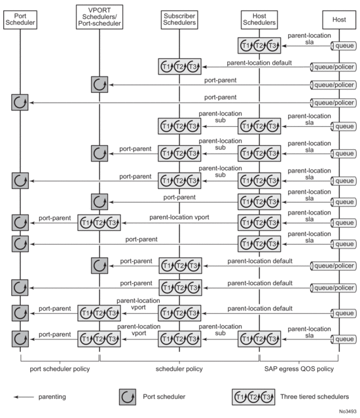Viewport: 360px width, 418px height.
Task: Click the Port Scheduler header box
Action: (x=20, y=20)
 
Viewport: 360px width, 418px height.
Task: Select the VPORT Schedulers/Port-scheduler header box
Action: (x=99, y=17)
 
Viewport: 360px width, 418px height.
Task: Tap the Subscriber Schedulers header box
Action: (x=179, y=20)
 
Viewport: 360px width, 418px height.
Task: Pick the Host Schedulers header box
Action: (x=259, y=20)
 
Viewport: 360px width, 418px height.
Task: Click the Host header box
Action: (x=339, y=20)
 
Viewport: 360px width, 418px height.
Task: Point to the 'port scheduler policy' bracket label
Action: (x=60, y=369)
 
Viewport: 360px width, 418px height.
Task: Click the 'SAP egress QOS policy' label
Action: (x=299, y=369)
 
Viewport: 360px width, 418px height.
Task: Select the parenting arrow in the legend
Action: (x=24, y=397)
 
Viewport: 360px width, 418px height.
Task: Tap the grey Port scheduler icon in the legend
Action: (x=128, y=397)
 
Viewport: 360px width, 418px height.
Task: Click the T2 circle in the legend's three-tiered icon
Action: (x=253, y=397)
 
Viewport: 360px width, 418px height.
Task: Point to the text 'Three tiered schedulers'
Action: (x=315, y=396)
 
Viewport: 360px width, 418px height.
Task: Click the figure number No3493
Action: (x=348, y=411)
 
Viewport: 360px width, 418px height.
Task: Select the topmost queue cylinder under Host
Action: (x=344, y=46)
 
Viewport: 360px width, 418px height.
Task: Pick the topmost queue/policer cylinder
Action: (x=333, y=67)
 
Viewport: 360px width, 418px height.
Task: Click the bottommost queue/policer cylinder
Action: (x=333, y=288)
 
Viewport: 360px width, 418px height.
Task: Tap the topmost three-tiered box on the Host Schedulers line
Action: (x=259, y=46)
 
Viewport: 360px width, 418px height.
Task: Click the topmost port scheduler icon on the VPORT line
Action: (x=99, y=85)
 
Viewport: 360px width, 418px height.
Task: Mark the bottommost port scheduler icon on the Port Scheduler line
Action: (x=20, y=339)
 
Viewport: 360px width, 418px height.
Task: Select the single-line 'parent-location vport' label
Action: (x=179, y=217)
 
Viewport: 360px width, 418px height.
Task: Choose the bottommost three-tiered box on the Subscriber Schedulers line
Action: (x=179, y=339)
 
